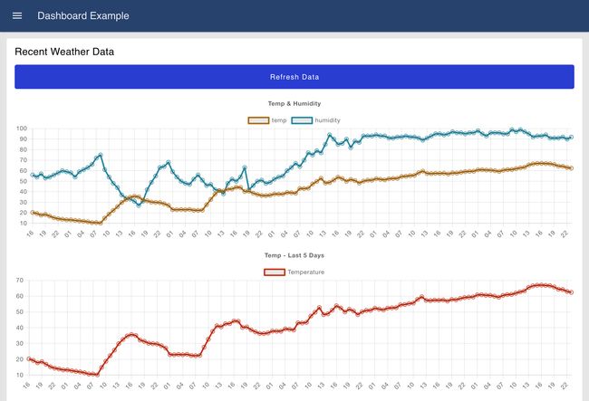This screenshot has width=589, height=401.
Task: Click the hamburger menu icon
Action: pyautogui.click(x=17, y=15)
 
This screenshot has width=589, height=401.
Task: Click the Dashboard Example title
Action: pyautogui.click(x=82, y=15)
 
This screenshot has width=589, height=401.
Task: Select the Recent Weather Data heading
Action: pyautogui.click(x=63, y=52)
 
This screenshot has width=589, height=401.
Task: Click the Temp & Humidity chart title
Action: pyautogui.click(x=294, y=103)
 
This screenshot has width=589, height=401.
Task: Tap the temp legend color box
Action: pyautogui.click(x=258, y=119)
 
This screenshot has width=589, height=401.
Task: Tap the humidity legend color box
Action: pyautogui.click(x=301, y=119)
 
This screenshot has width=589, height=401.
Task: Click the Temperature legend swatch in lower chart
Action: pyautogui.click(x=275, y=272)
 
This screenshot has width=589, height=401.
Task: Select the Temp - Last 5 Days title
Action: pyautogui.click(x=294, y=255)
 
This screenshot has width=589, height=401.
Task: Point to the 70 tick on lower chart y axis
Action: pyautogui.click(x=20, y=281)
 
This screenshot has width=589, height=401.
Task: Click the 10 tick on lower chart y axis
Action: pyautogui.click(x=20, y=374)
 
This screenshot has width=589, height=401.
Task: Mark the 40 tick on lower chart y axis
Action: pyautogui.click(x=20, y=328)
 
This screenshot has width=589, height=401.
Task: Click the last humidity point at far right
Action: pyautogui.click(x=571, y=138)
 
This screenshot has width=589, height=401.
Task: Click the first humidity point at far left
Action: pyautogui.click(x=32, y=175)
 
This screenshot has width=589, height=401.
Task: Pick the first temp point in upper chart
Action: pyautogui.click(x=32, y=212)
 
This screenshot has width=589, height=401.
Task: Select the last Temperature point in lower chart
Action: pyautogui.click(x=571, y=292)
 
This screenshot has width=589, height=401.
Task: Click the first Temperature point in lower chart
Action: pyautogui.click(x=30, y=358)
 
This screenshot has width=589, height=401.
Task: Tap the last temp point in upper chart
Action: pyautogui.click(x=571, y=168)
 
